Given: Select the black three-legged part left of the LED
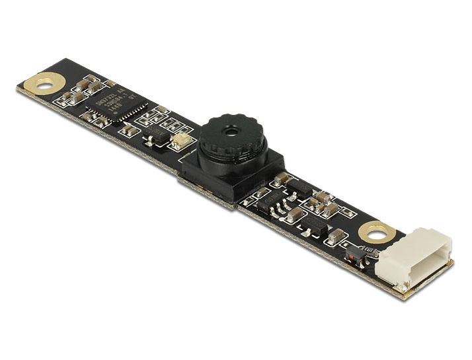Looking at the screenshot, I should (158, 136).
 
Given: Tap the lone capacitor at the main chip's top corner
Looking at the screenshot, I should (110, 84).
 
